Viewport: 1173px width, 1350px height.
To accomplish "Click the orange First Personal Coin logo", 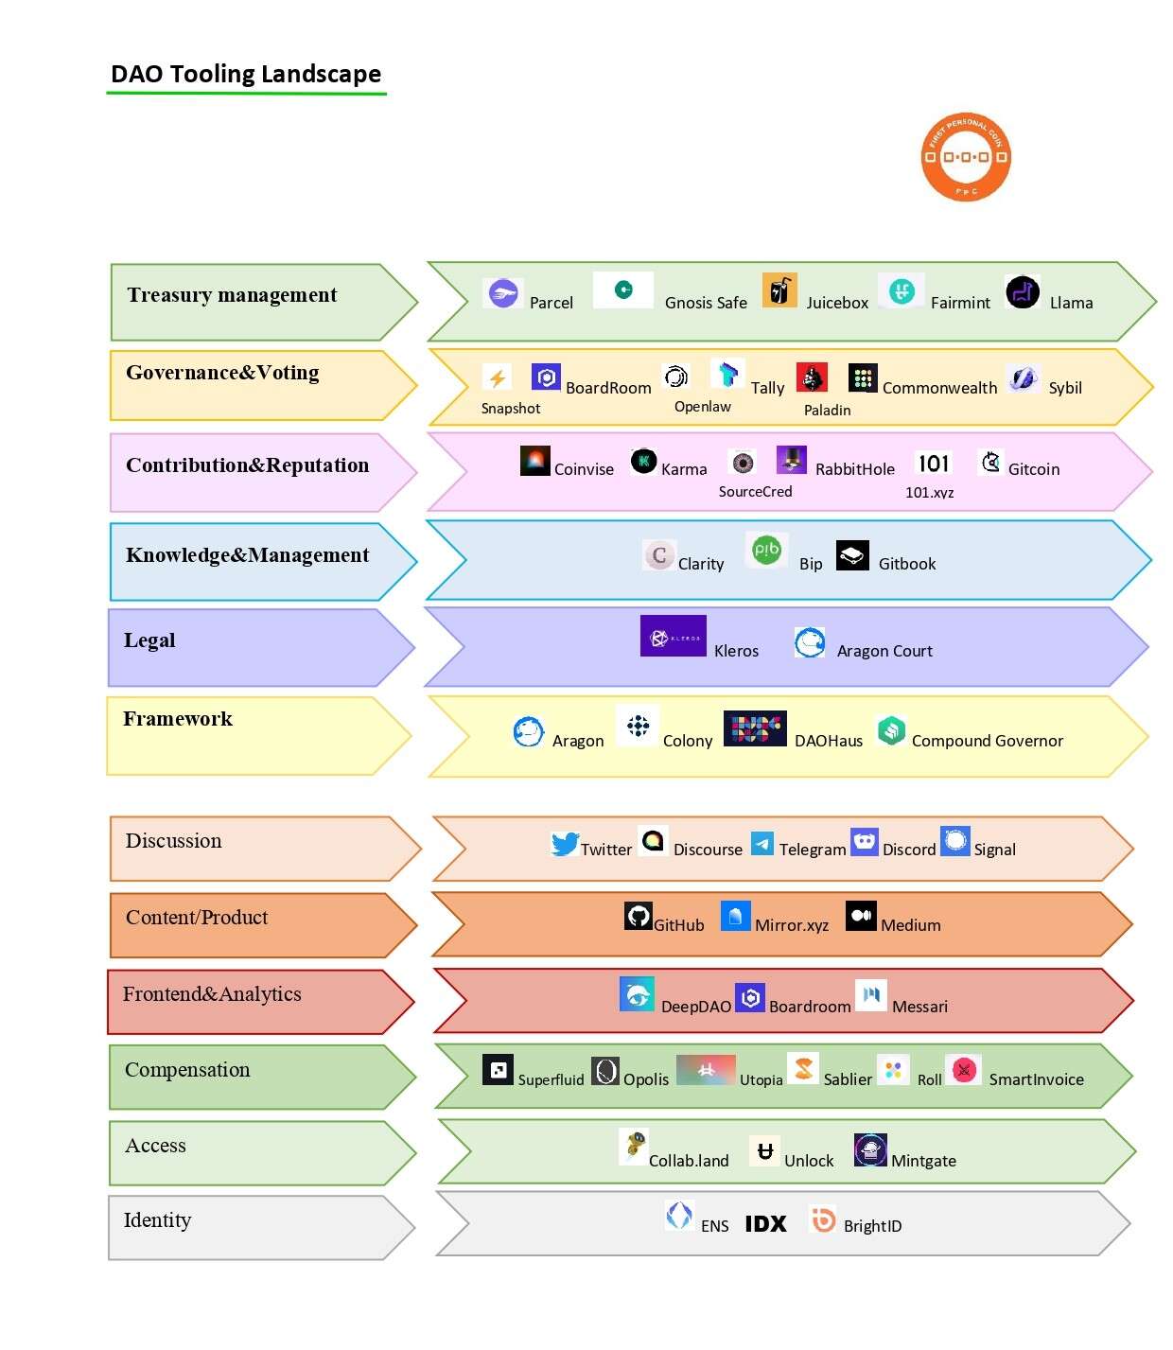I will coord(965,157).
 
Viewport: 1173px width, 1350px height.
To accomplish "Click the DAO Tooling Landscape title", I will coord(246,74).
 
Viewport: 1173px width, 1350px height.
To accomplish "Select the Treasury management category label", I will coord(232,295).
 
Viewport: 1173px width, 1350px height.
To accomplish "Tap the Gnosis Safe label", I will coord(706,303).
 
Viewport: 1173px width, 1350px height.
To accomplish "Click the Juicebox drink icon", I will coord(779,290).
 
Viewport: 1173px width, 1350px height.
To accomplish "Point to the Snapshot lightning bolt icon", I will coord(497,378).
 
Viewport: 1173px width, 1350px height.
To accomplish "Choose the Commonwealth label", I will coord(939,388).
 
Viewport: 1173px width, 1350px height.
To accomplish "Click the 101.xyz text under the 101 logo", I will coord(929,492).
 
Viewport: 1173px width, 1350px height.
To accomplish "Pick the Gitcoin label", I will coord(1033,469).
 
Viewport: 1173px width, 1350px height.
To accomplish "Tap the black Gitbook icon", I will coord(852,556).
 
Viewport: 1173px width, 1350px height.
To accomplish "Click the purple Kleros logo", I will coord(673,637).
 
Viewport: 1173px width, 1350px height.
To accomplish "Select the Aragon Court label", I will coord(884,651).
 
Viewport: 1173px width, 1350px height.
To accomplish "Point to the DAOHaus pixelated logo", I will coord(754,728).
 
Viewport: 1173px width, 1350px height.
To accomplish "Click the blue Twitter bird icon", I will coord(565,843).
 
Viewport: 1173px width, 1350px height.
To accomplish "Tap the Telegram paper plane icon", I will coord(762,843).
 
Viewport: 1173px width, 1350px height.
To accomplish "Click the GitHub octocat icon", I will coord(639,916).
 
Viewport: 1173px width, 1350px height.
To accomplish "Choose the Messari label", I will coord(919,1007).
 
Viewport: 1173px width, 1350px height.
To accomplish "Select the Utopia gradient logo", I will coord(706,1070).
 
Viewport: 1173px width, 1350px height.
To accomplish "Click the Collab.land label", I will coord(689,1161).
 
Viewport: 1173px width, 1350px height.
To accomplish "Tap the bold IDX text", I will coord(765,1224).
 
